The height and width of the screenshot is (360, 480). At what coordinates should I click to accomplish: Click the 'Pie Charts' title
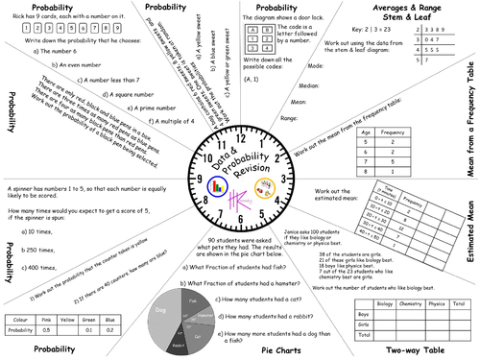[284, 351]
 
